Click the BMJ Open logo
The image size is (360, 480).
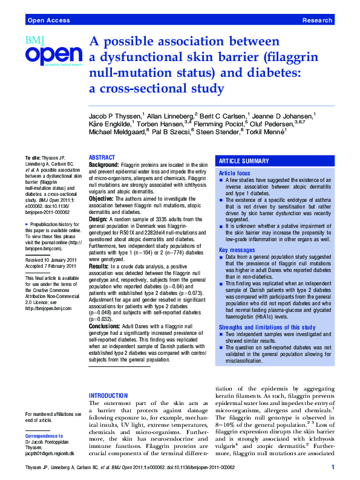[53, 51]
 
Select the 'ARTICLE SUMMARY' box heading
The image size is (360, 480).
[244, 161]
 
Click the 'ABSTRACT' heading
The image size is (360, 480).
[102, 157]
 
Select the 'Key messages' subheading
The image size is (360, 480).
[237, 233]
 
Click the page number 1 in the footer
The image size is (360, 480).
[333, 468]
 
